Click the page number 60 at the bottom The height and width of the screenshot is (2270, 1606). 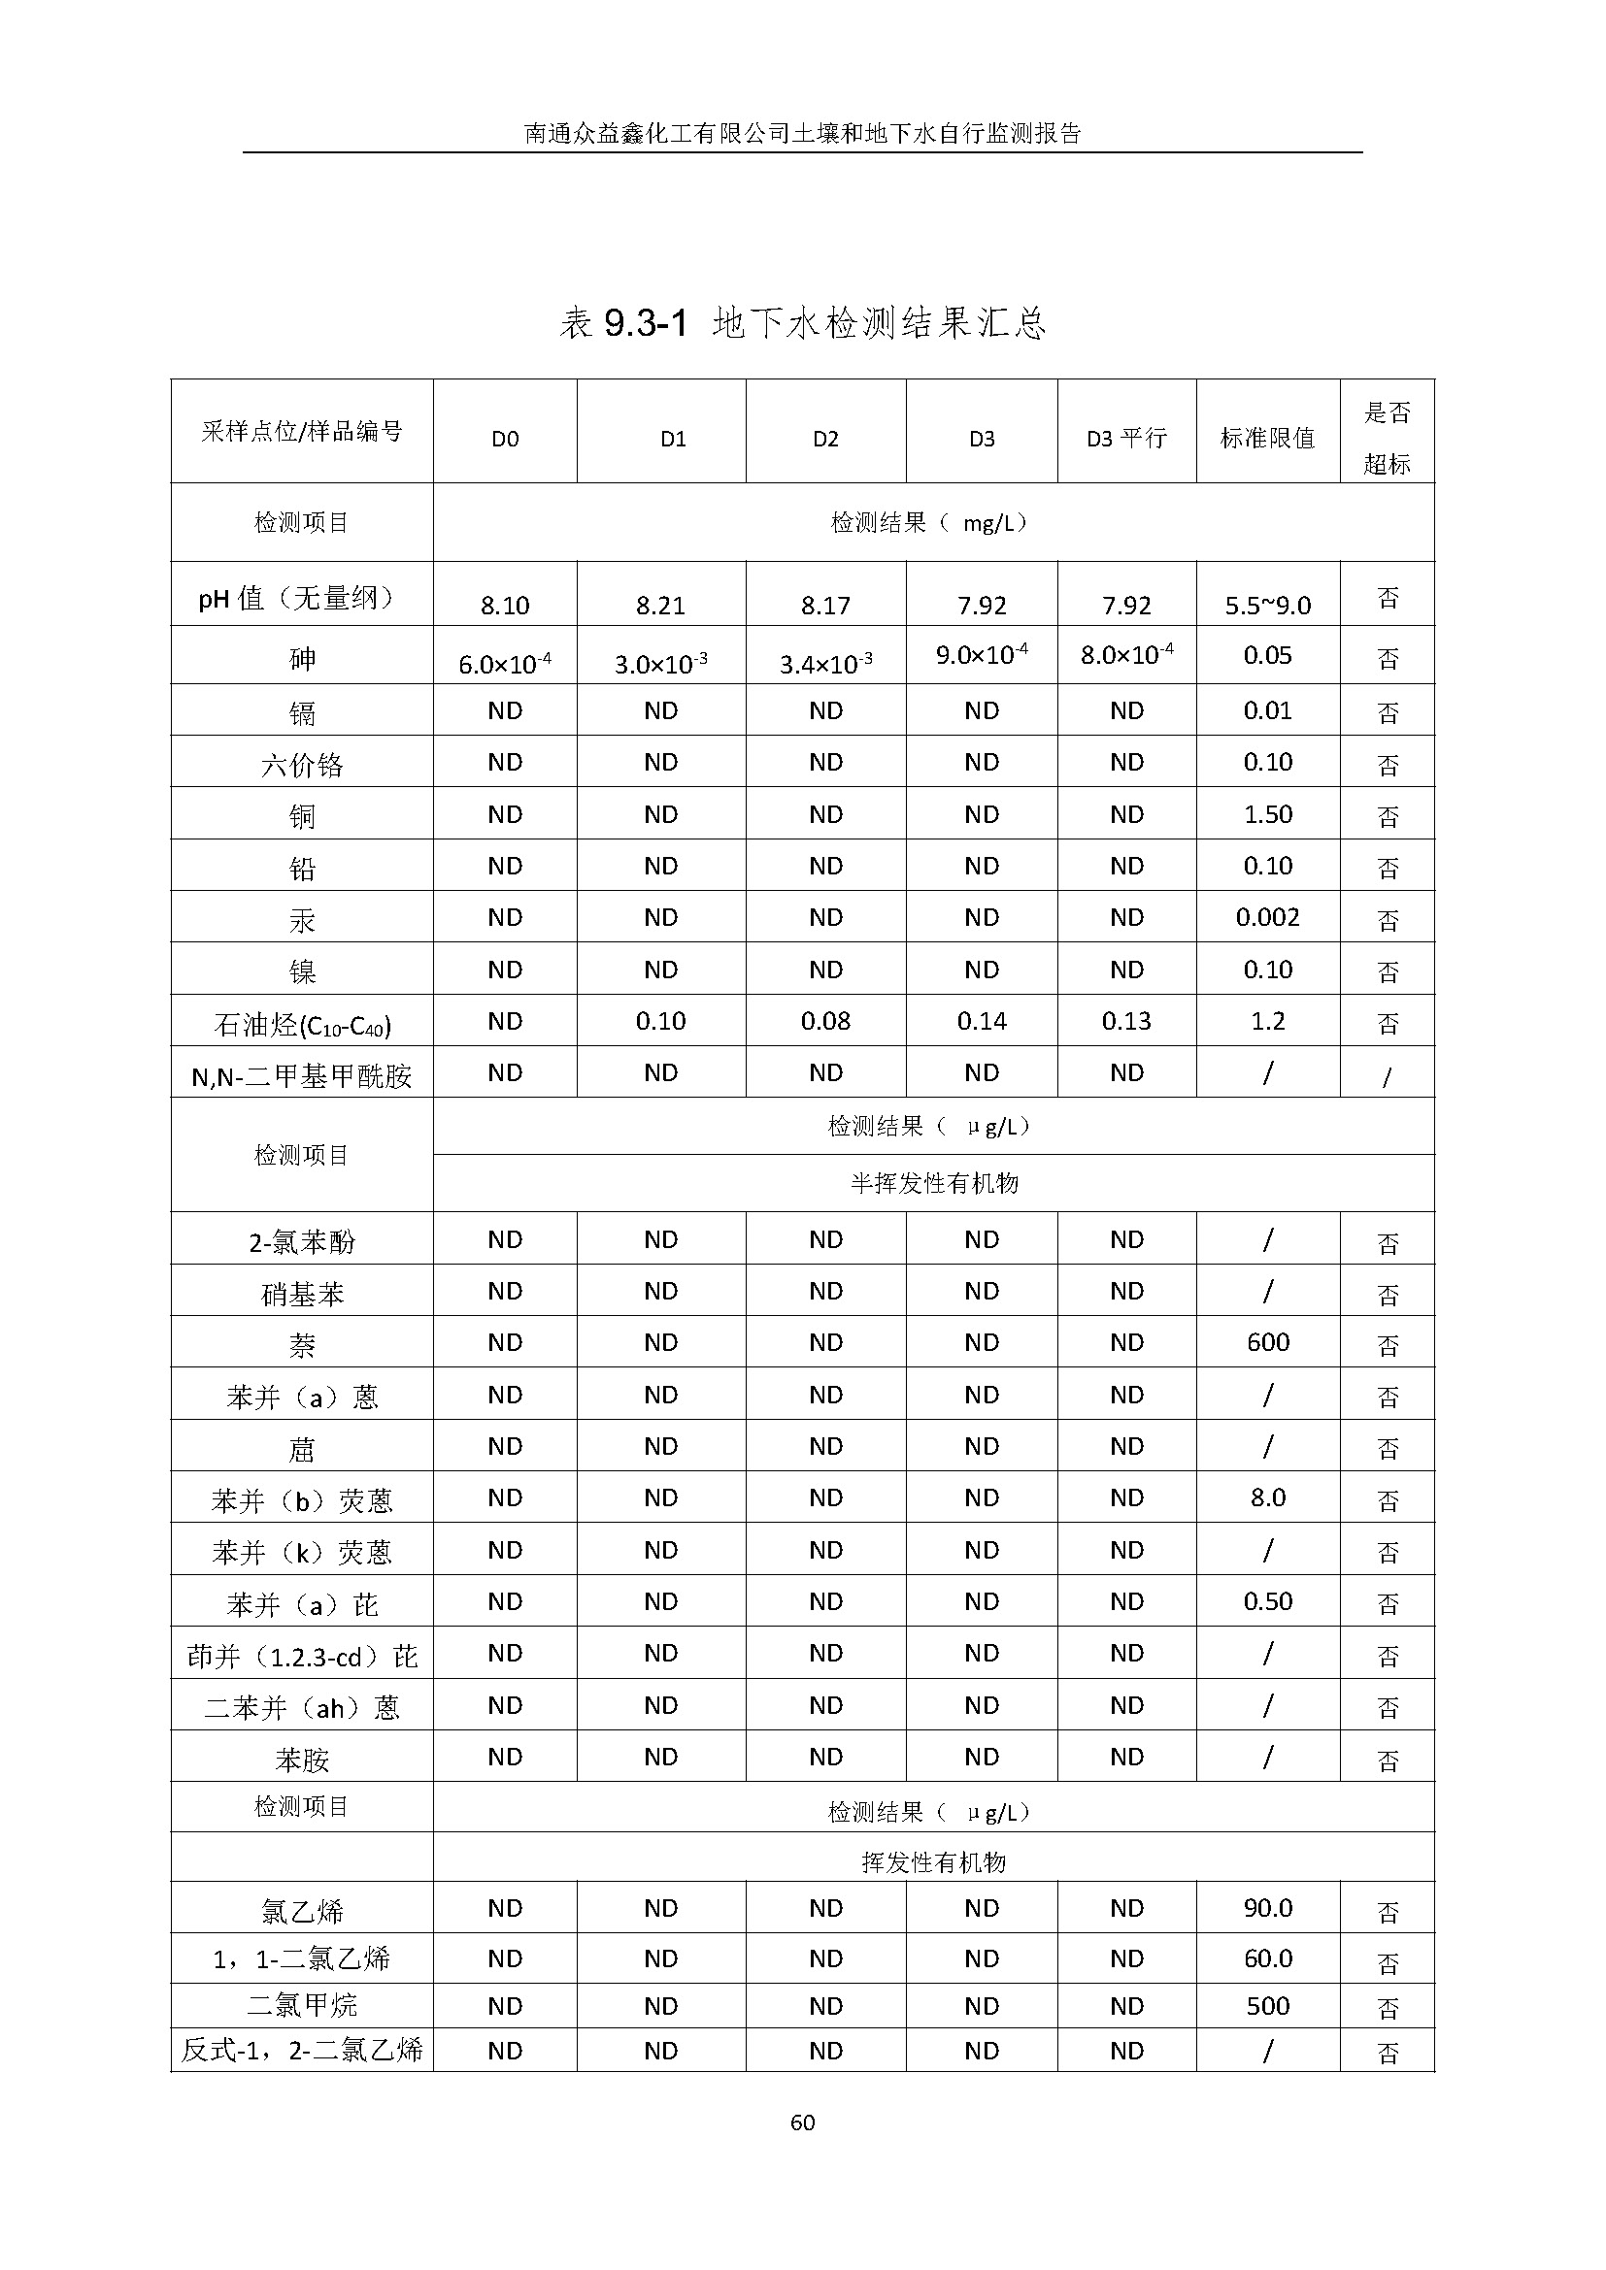(x=802, y=2122)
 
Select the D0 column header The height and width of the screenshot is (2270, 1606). (x=504, y=439)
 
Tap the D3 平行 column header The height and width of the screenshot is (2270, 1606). (x=1126, y=438)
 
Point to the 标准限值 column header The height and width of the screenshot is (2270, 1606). (x=1267, y=438)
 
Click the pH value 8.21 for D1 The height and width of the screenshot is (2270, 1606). (x=659, y=605)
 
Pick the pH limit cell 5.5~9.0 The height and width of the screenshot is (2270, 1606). (x=1267, y=605)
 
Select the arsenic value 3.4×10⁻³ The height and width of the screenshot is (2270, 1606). (x=824, y=663)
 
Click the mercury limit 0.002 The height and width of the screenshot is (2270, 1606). (x=1267, y=917)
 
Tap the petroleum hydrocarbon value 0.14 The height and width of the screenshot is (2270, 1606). (x=981, y=1021)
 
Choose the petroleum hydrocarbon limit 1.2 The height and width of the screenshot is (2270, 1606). (x=1267, y=1021)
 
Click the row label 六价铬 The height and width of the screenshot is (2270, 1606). (x=302, y=764)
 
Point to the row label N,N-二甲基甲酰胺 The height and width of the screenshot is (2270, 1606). (x=302, y=1075)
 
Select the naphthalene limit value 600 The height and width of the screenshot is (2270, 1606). (x=1267, y=1342)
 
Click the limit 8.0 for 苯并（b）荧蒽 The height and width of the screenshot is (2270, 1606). (x=1267, y=1497)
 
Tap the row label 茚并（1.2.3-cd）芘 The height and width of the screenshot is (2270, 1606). (x=302, y=1656)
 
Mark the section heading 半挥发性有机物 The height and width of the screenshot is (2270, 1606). (x=933, y=1183)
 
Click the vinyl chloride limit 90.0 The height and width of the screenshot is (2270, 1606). (x=1267, y=1908)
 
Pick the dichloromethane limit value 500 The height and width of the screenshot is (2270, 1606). (x=1267, y=2006)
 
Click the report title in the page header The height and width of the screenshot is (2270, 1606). (x=802, y=134)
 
